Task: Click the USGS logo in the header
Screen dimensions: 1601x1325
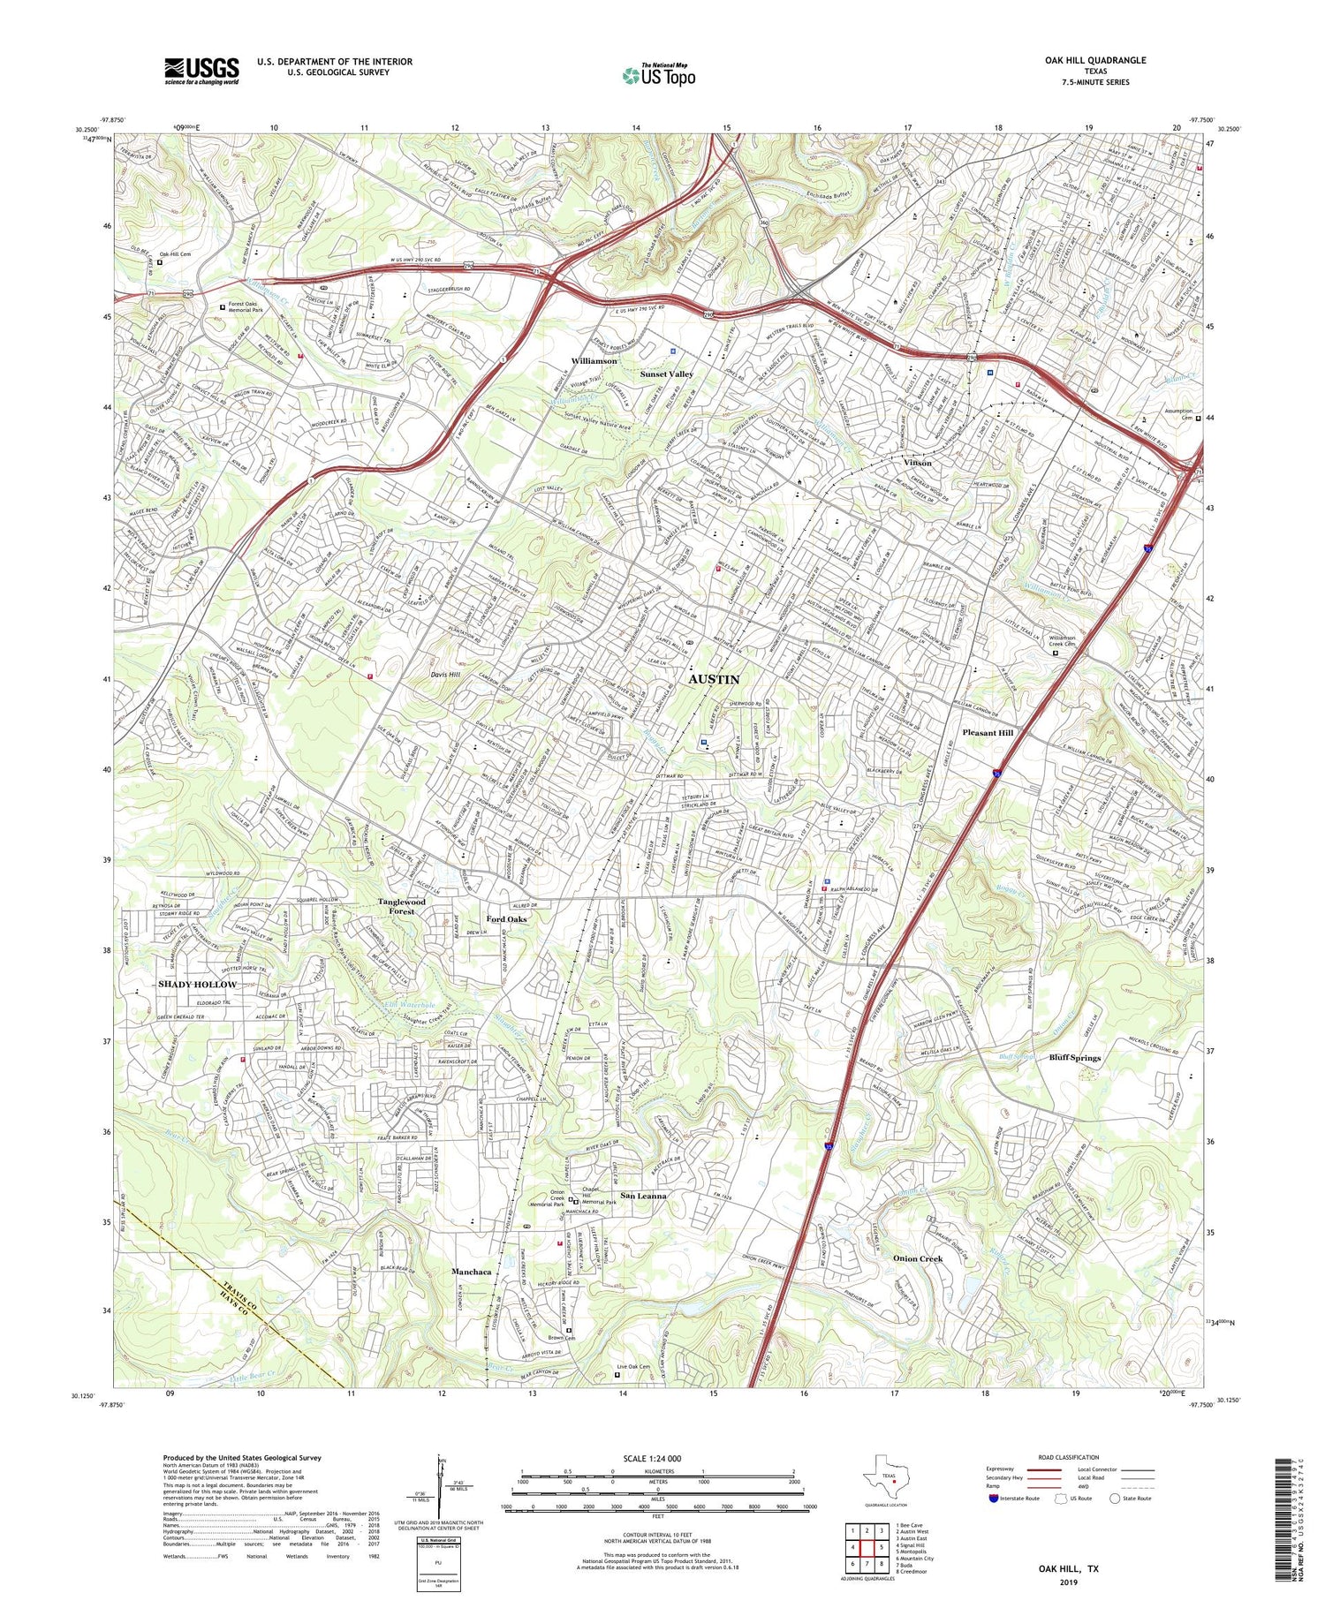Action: click(x=201, y=71)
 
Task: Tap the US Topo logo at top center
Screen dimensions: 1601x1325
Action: click(x=658, y=75)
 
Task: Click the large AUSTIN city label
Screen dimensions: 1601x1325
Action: click(x=714, y=679)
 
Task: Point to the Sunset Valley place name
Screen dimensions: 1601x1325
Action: click(x=667, y=374)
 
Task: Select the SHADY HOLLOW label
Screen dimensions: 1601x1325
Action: click(x=197, y=984)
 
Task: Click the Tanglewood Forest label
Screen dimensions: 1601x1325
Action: click(x=402, y=906)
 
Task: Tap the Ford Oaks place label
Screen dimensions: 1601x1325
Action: click(x=507, y=919)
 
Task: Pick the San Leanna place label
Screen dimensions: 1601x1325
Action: click(x=643, y=1196)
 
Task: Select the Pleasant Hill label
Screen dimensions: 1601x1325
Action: click(x=987, y=732)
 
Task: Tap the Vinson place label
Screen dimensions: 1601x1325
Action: click(x=918, y=463)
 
